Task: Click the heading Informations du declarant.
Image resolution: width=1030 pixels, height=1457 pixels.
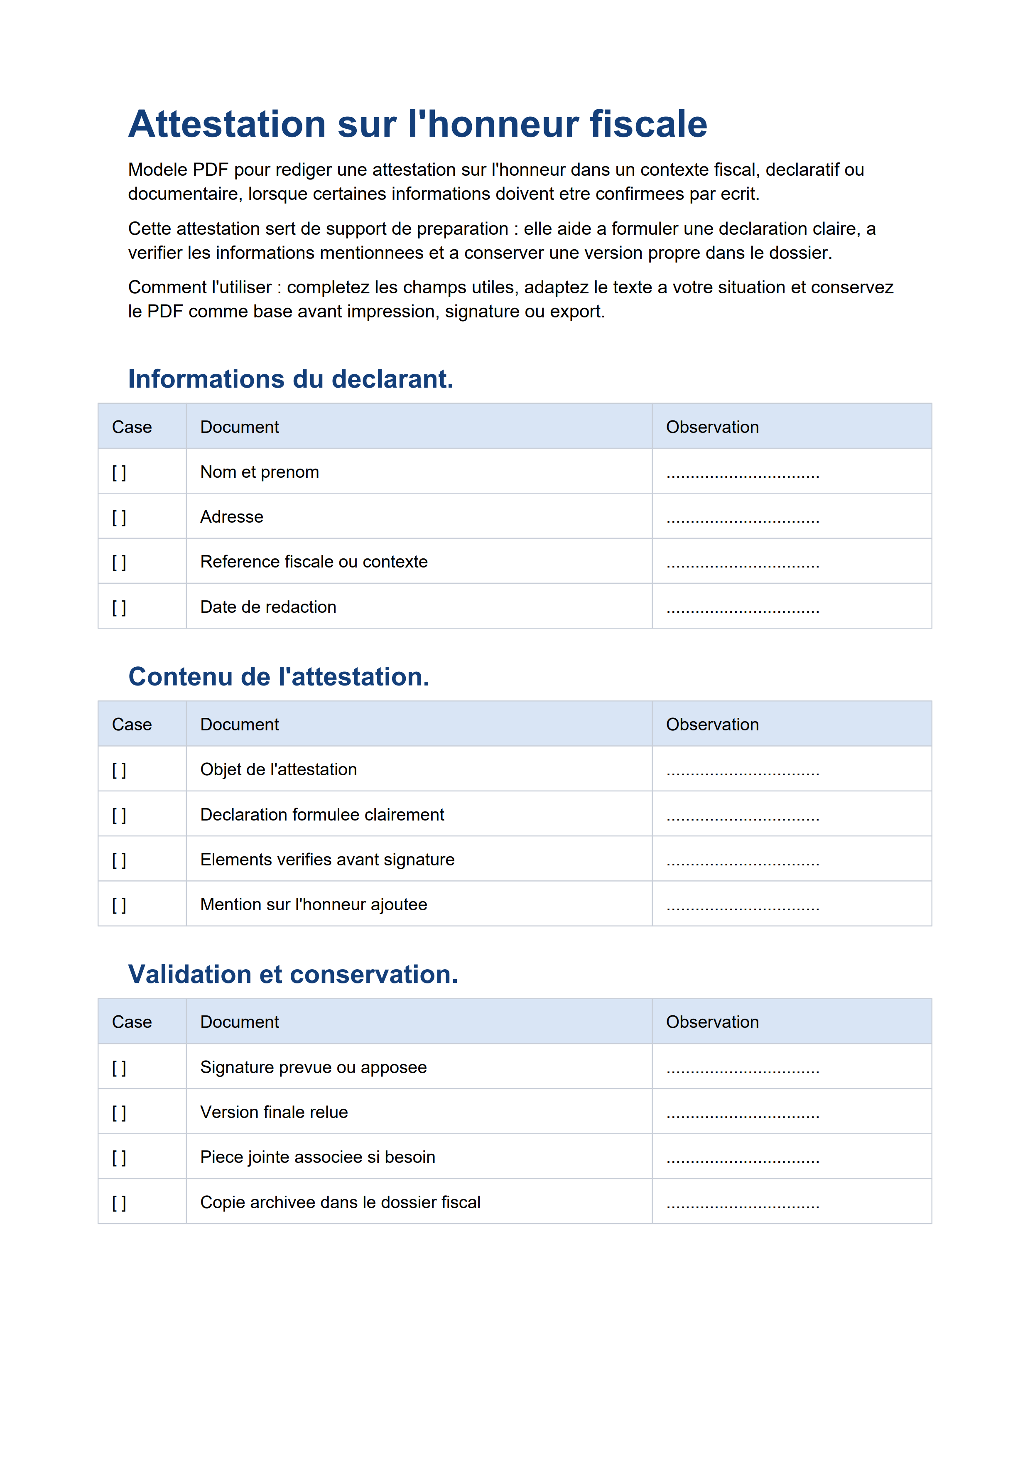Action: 290,379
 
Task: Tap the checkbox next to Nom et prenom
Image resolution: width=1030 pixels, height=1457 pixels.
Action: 119,473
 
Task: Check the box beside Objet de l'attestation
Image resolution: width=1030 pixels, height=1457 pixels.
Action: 119,770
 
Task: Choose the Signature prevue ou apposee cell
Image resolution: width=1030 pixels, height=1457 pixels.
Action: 313,1067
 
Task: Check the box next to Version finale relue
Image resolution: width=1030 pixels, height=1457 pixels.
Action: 119,1113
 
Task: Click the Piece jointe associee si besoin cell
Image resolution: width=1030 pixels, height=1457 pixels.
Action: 317,1157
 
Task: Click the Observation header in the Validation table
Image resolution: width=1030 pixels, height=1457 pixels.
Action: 712,1022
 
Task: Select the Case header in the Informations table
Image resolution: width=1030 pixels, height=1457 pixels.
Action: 132,427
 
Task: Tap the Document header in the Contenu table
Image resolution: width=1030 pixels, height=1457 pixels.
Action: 239,725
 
